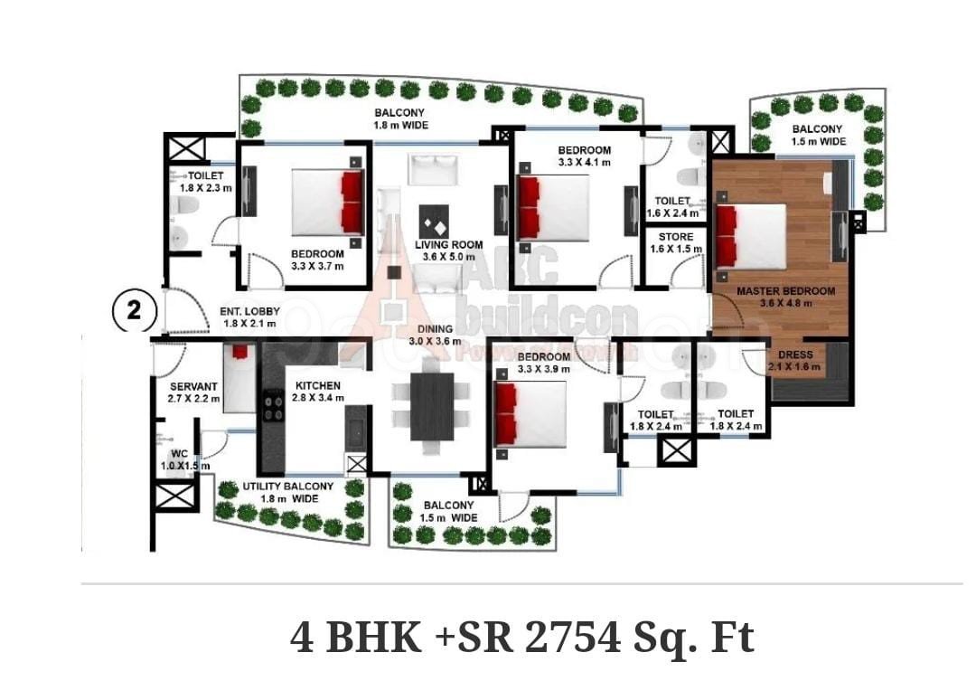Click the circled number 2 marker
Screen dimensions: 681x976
[134, 310]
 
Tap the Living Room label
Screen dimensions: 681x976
[448, 244]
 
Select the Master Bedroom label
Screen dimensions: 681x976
[785, 291]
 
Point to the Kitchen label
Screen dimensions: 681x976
[318, 386]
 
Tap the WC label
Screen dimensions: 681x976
[179, 453]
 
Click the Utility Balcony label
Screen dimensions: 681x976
[287, 486]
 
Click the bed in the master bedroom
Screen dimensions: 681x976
[752, 235]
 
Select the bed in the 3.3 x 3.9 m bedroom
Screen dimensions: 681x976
[530, 413]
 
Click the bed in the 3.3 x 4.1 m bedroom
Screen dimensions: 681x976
[553, 206]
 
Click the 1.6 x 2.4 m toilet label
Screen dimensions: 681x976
[673, 213]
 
